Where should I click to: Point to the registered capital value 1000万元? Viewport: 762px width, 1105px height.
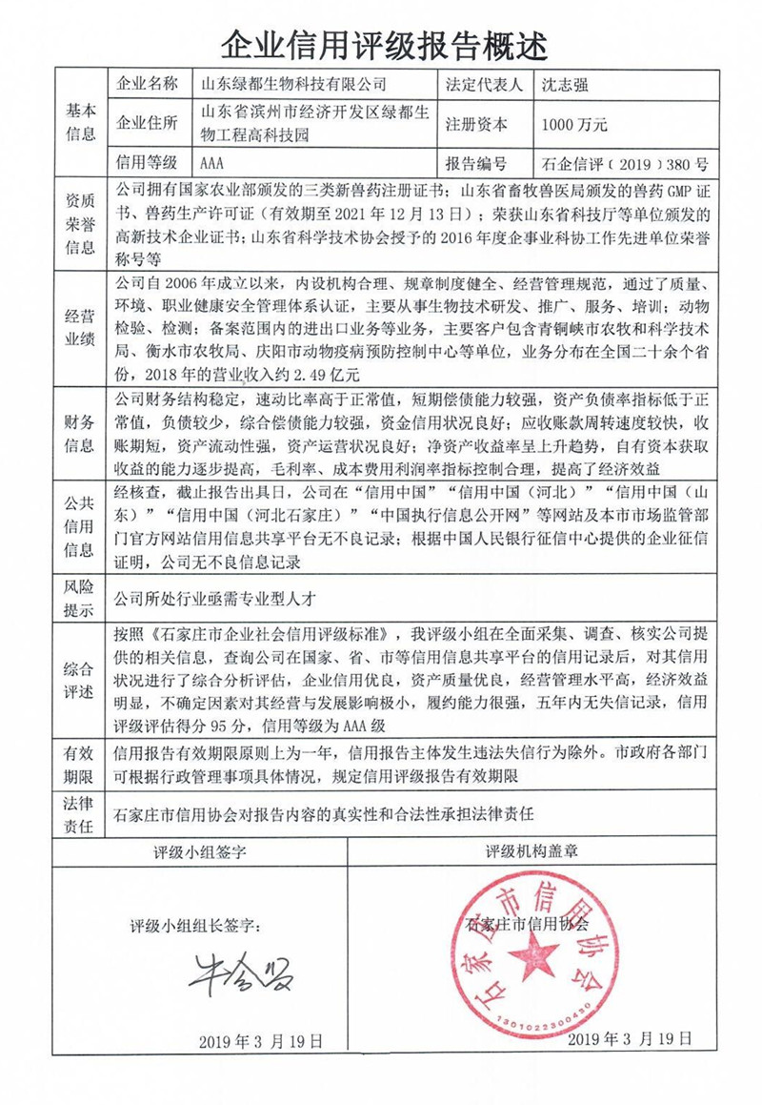(x=573, y=124)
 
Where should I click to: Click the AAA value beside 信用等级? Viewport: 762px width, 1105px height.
(x=215, y=163)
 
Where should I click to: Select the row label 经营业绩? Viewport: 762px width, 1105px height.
(x=79, y=326)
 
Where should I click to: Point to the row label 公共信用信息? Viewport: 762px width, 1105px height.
(x=79, y=525)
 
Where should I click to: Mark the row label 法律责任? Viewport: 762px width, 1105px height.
(x=79, y=815)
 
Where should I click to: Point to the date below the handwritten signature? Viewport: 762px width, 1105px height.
(x=260, y=1039)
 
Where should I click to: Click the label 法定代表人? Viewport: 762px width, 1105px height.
(x=484, y=84)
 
